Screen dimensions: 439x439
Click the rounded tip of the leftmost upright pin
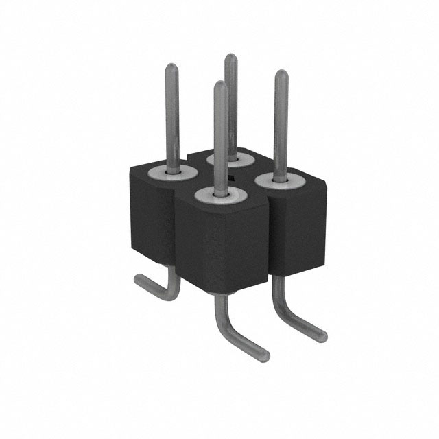tap(171, 67)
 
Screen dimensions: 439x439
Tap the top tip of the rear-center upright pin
tap(232, 58)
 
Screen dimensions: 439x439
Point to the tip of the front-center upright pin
tap(219, 85)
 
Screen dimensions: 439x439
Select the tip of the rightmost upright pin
tap(281, 73)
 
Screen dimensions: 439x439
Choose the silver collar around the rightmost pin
tap(280, 180)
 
